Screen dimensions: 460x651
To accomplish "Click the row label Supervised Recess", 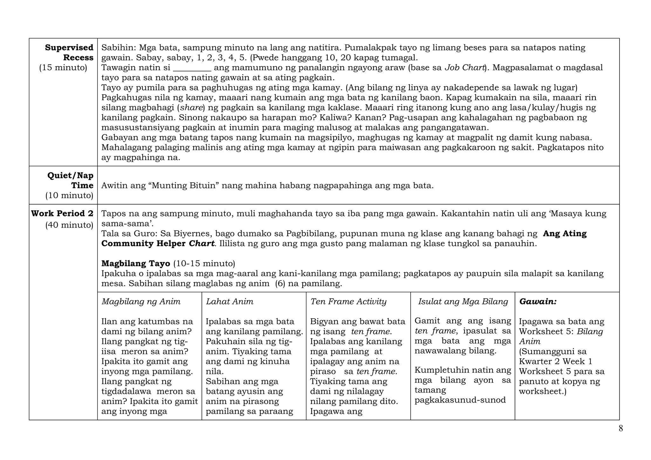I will [69, 52].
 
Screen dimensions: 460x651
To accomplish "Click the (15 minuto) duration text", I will [63, 68].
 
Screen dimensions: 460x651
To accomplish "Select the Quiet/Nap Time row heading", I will [70, 180].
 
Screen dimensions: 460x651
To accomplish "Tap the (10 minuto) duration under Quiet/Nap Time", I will [69, 195].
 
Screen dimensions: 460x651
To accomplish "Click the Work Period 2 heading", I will [62, 213].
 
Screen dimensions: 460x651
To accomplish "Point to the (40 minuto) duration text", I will [69, 225].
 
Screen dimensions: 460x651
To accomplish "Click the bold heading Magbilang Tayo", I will [136, 263].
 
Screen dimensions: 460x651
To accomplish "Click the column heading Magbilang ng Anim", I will [141, 301].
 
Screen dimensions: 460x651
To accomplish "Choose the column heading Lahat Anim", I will [230, 301].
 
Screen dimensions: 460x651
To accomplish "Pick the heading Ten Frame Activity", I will [348, 301].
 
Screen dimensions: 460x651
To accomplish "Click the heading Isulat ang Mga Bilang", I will [463, 301].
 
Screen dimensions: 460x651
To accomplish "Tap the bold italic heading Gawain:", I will [538, 301].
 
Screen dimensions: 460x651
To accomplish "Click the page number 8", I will [620, 429].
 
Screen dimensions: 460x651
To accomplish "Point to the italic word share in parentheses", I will [191, 108].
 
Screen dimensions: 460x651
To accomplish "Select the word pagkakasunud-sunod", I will [460, 400].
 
